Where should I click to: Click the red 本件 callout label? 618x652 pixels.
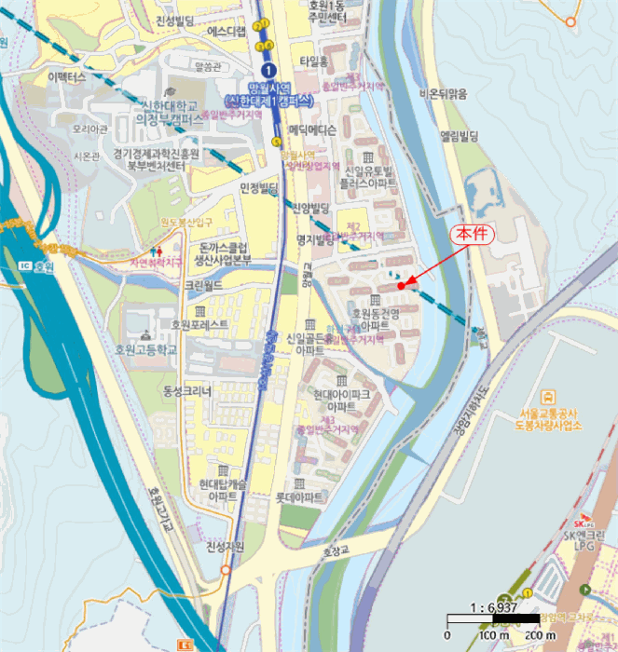pyautogui.click(x=472, y=236)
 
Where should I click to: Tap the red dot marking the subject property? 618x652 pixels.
pyautogui.click(x=401, y=286)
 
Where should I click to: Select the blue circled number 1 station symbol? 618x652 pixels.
pyautogui.click(x=269, y=70)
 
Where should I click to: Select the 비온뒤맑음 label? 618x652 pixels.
pyautogui.click(x=443, y=93)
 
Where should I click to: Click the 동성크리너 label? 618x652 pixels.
pyautogui.click(x=188, y=390)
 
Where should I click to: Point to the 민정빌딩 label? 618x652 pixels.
pyautogui.click(x=260, y=187)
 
